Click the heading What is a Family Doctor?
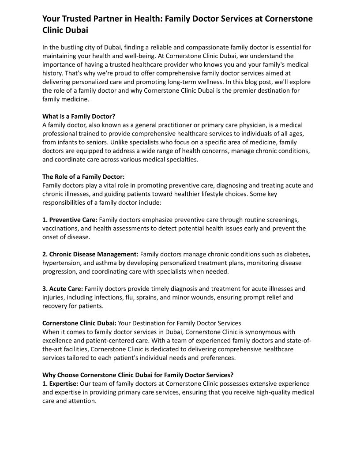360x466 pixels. [79, 116]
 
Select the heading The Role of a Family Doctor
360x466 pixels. [83, 177]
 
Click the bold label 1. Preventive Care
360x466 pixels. [70, 220]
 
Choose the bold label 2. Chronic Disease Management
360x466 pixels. [90, 254]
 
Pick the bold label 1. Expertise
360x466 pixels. [60, 384]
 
